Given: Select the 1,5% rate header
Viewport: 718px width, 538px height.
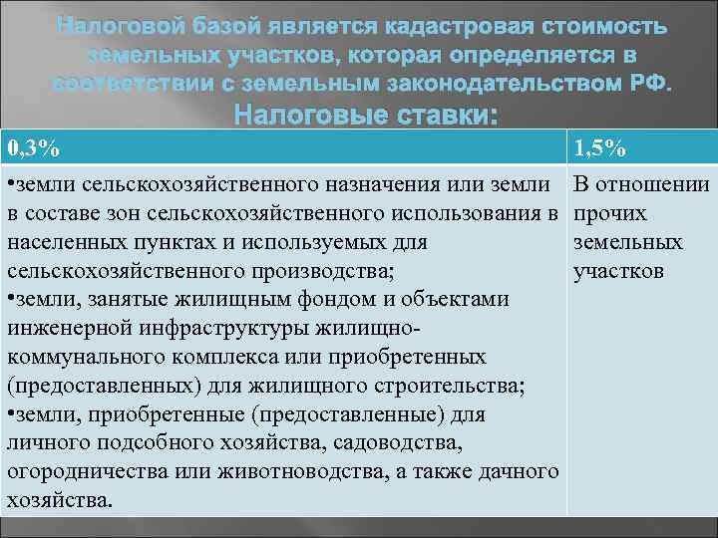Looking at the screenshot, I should click(598, 149).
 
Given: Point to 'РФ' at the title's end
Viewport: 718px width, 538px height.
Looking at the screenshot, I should click(652, 81).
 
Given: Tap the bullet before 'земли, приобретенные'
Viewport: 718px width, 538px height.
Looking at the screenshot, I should click(10, 413).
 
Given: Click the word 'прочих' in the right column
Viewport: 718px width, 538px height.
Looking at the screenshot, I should click(611, 214).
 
